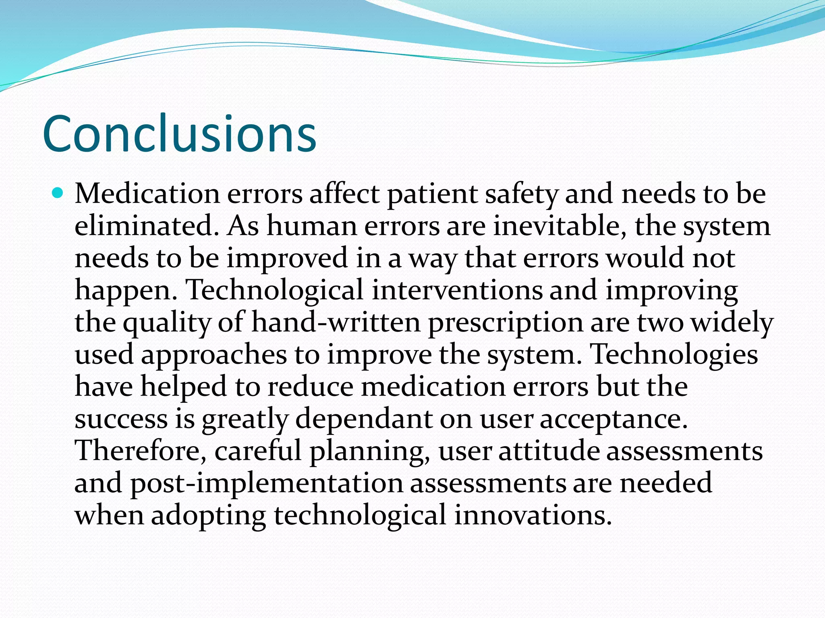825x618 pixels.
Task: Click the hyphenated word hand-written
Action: (336, 323)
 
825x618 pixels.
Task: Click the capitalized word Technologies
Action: (674, 355)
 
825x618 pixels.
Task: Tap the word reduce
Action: (311, 387)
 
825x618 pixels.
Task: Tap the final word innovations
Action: (533, 515)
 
